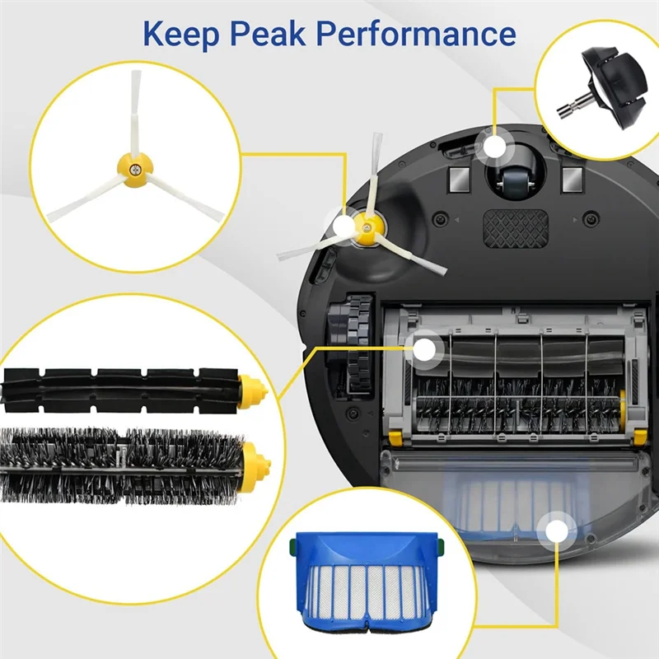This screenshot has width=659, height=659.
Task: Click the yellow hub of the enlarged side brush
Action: point(136,166)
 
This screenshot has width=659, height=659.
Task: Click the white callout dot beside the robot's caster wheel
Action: point(494,147)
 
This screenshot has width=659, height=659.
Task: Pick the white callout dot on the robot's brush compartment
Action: point(424,349)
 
